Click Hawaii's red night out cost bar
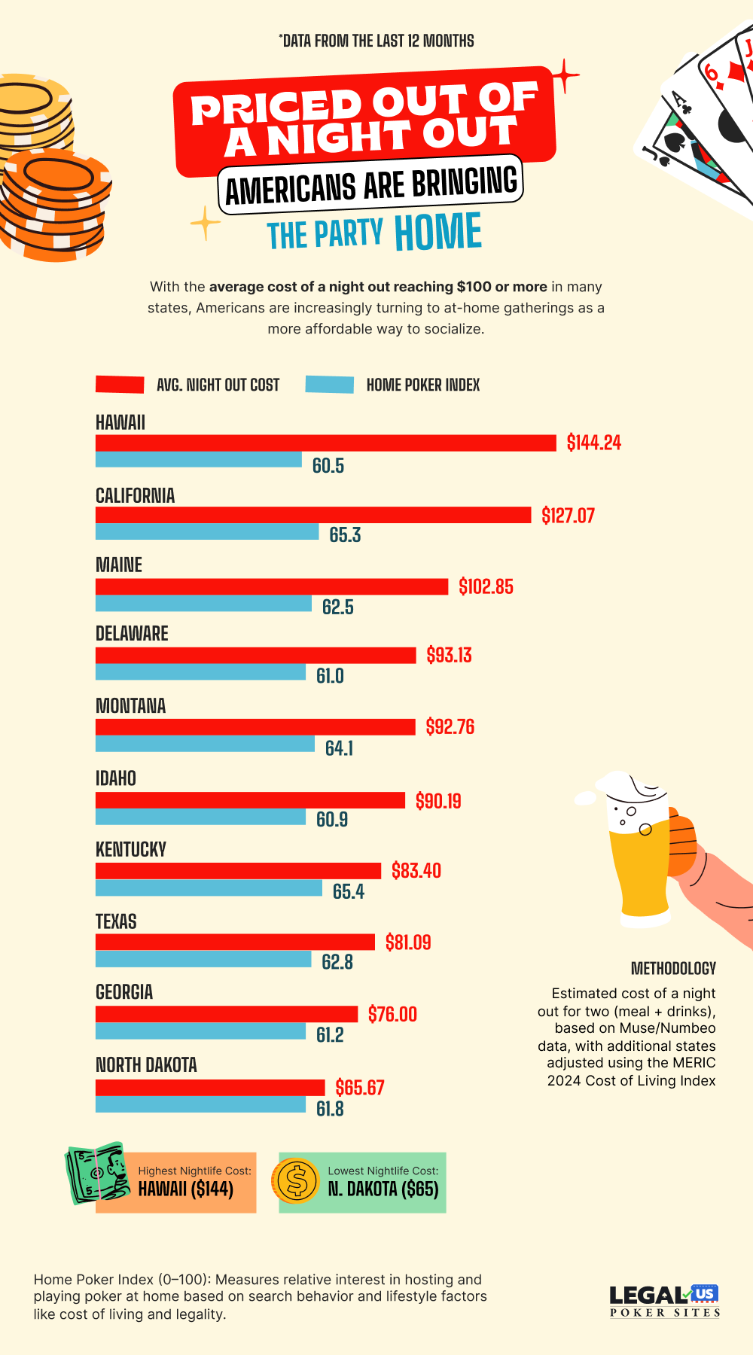point(325,443)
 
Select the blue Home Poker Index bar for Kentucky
point(209,888)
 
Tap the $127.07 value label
point(568,516)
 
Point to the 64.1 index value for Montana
point(339,748)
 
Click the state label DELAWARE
point(132,634)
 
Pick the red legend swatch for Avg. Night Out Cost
point(120,385)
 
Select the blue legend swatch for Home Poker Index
point(329,385)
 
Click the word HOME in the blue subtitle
point(437,233)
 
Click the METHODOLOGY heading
point(673,969)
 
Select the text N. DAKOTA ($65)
point(383,1189)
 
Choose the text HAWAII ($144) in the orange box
point(185,1189)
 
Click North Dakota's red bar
point(209,1088)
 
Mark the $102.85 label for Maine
point(486,587)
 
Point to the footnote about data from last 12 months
point(376,41)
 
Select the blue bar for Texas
point(203,959)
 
